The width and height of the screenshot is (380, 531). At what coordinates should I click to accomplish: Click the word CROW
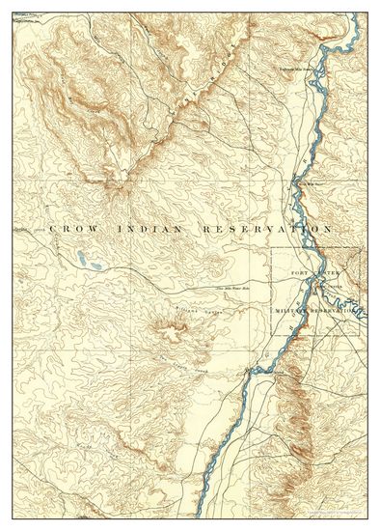point(72,229)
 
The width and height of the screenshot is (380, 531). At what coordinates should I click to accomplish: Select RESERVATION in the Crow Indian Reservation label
point(266,229)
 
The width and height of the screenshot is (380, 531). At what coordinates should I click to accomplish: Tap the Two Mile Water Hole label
point(232,289)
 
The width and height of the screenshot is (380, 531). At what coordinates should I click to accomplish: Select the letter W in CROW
point(94,229)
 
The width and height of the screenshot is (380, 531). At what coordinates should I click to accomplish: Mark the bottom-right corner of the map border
point(367,518)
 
